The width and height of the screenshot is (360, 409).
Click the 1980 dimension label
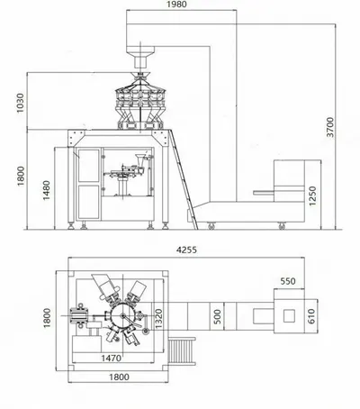coord(176,5)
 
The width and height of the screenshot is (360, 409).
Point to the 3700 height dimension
coord(330,127)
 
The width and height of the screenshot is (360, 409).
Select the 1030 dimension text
coord(20,103)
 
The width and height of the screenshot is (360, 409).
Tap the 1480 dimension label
coord(46,190)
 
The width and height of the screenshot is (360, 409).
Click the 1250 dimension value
coord(312,196)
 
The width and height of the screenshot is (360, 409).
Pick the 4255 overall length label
coord(186,250)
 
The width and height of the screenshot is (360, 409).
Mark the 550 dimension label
coord(288,281)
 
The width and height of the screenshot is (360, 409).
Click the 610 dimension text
coord(311,316)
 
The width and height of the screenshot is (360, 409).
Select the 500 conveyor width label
coord(218,316)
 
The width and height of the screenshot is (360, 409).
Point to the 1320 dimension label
coord(158,318)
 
